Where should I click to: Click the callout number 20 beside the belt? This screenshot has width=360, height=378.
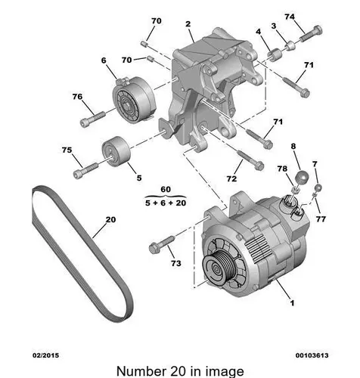110,220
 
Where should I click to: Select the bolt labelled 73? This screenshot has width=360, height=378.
162,244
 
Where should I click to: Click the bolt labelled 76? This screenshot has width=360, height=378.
92,119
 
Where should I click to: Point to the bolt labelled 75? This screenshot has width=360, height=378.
85,170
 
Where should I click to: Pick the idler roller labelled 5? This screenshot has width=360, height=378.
116,151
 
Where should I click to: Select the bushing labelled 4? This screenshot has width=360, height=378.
275,54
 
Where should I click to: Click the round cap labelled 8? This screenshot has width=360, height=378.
302,177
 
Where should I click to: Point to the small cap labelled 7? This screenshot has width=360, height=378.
318,187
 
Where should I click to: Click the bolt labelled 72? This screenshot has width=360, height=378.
250,160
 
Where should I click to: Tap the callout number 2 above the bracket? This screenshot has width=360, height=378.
188,24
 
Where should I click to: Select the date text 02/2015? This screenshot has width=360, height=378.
45,355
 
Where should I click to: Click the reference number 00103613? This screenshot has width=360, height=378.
312,355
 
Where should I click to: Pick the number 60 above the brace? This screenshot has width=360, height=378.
166,189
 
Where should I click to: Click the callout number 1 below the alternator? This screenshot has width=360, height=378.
292,302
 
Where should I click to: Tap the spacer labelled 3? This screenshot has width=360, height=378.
290,46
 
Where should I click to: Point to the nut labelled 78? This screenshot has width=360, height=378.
295,189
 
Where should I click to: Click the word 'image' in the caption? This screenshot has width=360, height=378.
225,372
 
